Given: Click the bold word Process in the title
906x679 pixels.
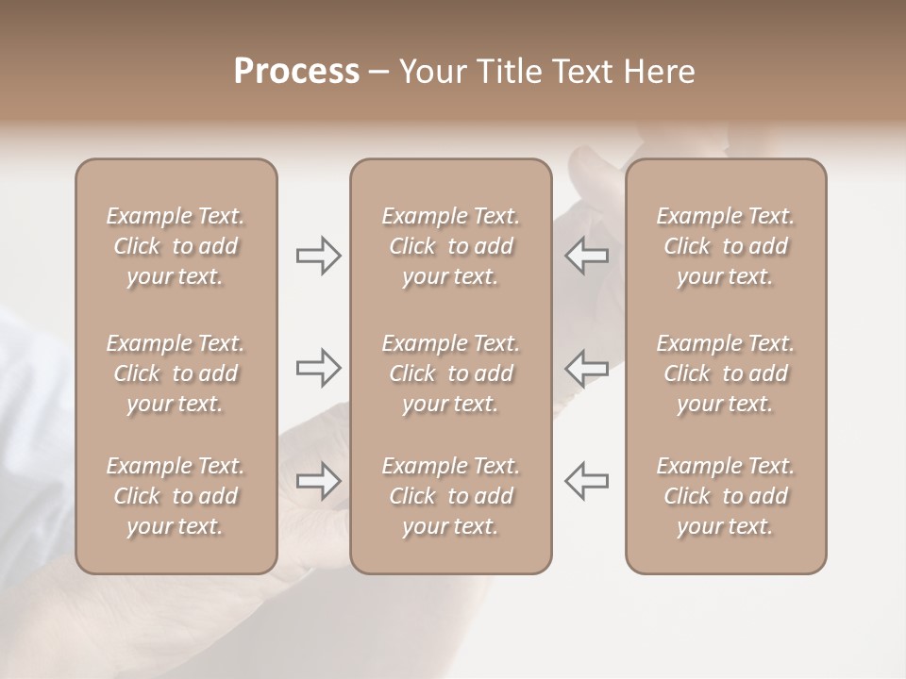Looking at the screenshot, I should coord(296,72).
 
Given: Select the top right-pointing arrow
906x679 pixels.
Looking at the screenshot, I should coord(318,256).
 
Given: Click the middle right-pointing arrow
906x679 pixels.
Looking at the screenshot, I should coord(318,368).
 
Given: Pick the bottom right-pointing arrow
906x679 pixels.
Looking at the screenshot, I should coord(318,480).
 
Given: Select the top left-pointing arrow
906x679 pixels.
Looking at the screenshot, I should coord(586,256).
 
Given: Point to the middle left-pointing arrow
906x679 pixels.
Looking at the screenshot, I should coord(586,368).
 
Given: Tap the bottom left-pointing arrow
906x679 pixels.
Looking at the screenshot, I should coord(586,480).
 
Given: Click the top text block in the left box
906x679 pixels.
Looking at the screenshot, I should coord(176,246).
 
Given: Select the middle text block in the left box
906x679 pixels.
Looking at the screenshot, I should coord(176,373).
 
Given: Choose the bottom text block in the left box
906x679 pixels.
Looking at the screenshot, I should coord(176,496).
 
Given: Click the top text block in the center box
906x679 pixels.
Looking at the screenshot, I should coord(450,246).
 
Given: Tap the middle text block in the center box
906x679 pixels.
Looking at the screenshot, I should coord(450,373).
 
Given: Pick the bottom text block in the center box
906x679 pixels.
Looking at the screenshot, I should coord(450,496).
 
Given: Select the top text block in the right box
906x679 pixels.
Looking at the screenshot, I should coord(725,246).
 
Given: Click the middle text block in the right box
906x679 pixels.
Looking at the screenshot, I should coord(725,373).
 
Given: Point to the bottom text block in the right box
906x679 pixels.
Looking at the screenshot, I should coord(725,496).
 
